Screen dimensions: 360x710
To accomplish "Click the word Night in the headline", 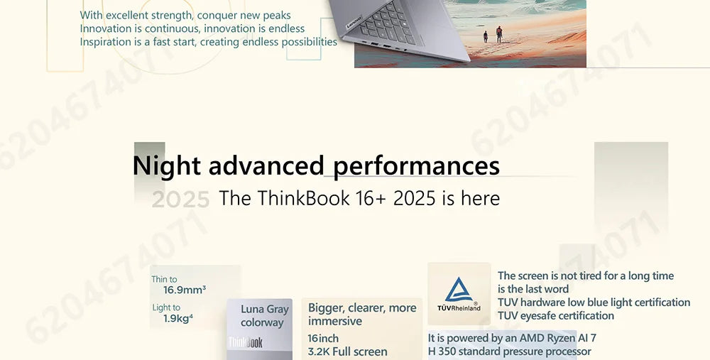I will (x=167, y=166).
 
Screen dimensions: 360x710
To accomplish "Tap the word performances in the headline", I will (x=416, y=166).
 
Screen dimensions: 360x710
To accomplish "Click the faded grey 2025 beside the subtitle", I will (x=180, y=200).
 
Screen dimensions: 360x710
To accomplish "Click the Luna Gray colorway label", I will (x=264, y=316).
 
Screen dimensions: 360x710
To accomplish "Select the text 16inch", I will (x=323, y=338).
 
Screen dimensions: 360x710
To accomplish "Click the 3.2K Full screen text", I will (x=348, y=351).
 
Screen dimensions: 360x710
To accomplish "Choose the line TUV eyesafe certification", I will (x=556, y=315).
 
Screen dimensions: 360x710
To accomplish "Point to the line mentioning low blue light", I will (x=594, y=302).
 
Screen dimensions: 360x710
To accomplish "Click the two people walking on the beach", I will (x=492, y=33).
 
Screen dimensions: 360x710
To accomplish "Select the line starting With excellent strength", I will (x=185, y=15).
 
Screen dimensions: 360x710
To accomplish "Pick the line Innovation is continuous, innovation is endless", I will (x=192, y=28).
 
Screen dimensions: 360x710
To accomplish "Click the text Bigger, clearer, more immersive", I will (x=362, y=314).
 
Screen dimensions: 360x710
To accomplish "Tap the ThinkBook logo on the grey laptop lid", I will (x=245, y=343).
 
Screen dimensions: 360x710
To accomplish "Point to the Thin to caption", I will (x=164, y=279).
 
